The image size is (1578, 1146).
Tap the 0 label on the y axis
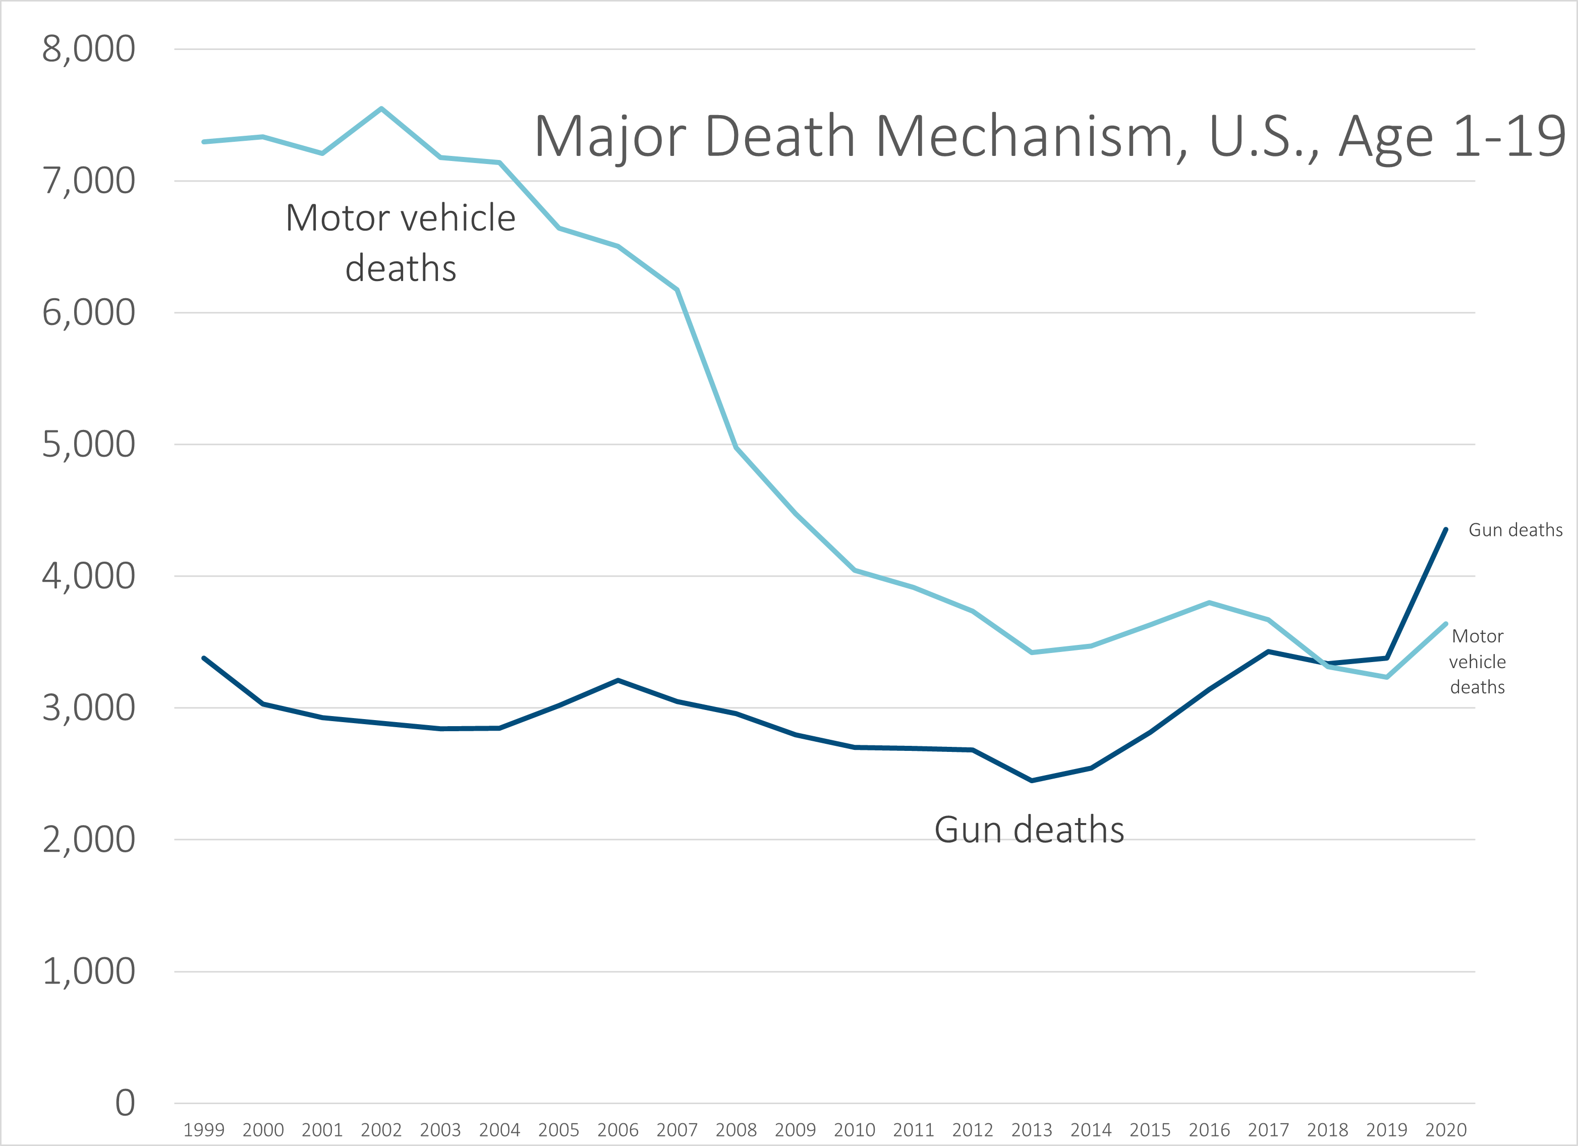tap(125, 1103)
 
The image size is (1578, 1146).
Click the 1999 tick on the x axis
tap(204, 1129)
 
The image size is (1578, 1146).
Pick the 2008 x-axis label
tap(736, 1129)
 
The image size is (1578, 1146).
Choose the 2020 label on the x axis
tap(1446, 1129)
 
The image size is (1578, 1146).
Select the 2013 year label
tap(1032, 1129)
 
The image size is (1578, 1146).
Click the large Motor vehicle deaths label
tap(401, 243)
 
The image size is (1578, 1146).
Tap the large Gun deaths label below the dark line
tap(1029, 830)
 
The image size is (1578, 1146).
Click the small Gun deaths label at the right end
tap(1515, 530)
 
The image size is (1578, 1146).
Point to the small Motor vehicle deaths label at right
tap(1477, 662)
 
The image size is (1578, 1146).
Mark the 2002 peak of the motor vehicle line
tap(381, 108)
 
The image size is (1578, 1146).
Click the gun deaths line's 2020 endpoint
tap(1446, 529)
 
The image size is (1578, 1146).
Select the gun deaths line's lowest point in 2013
tap(1032, 781)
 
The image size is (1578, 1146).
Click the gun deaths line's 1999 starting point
tap(204, 658)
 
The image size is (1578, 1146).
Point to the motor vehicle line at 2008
tap(736, 448)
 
